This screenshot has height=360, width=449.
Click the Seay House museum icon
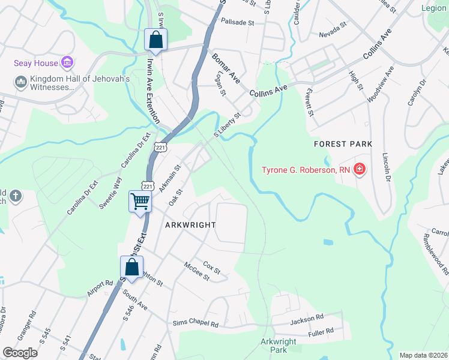pyautogui.click(x=67, y=63)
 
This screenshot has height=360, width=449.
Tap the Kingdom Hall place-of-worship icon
pyautogui.click(x=20, y=81)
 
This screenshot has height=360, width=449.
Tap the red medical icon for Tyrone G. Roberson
pyautogui.click(x=359, y=170)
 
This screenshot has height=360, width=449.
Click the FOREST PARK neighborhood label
pyautogui.click(x=343, y=144)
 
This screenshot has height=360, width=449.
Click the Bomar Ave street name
pyautogui.click(x=226, y=68)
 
